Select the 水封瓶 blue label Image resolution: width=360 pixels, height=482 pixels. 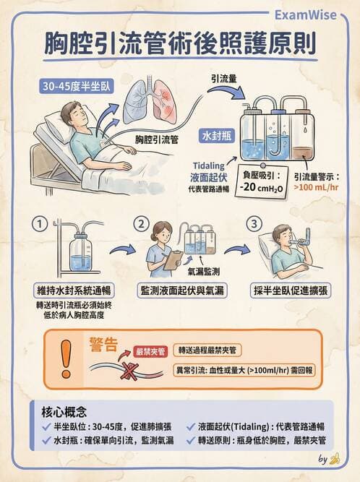click(x=215, y=134)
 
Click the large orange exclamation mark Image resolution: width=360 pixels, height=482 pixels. click(x=67, y=359)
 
